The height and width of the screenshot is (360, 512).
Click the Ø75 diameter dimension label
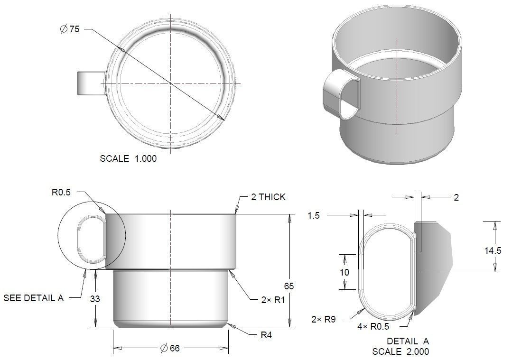coord(70,29)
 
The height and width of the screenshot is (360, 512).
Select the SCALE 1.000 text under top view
coord(128,159)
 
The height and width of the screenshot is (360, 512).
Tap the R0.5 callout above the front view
coord(61,193)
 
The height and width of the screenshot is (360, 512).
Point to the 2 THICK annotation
coord(268,197)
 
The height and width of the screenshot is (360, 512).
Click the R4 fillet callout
coord(267,334)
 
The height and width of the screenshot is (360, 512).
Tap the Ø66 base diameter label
coord(170,349)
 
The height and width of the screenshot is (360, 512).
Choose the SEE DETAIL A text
coord(33,298)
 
